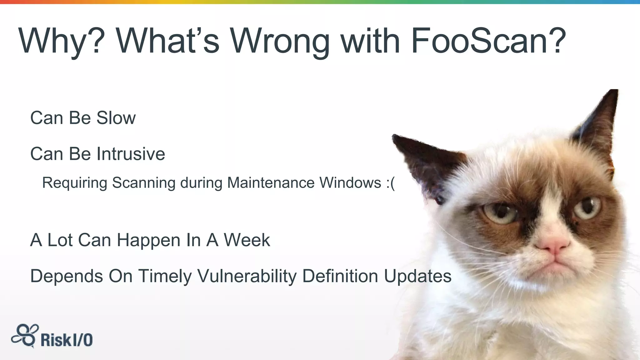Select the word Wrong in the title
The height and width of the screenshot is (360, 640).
(x=280, y=41)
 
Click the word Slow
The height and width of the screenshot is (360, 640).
(x=116, y=118)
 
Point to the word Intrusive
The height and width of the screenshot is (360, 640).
(x=131, y=154)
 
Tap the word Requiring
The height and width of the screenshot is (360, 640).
(x=75, y=182)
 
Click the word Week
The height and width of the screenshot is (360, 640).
(x=247, y=240)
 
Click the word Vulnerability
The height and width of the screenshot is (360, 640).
(x=247, y=276)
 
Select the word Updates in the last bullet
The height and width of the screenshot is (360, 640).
(x=417, y=276)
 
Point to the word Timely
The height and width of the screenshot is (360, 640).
(x=165, y=276)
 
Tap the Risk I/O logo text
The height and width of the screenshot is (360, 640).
(x=67, y=340)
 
